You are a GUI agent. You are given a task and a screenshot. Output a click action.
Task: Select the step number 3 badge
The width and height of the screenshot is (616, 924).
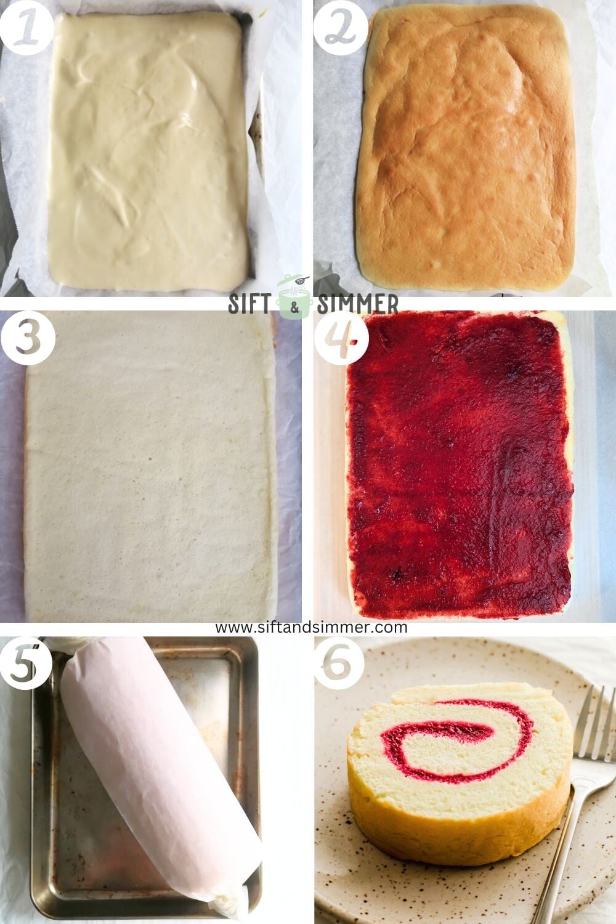coord(26,338)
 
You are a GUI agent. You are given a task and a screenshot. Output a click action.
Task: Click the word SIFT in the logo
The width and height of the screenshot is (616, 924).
coord(251,304)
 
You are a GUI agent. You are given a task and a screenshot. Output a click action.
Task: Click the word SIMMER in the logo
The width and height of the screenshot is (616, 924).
coord(359,304)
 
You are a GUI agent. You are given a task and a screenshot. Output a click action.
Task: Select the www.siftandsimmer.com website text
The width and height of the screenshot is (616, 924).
coord(311,627)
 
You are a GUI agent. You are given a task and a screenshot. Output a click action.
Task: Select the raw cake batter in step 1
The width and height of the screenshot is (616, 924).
coord(148,148)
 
